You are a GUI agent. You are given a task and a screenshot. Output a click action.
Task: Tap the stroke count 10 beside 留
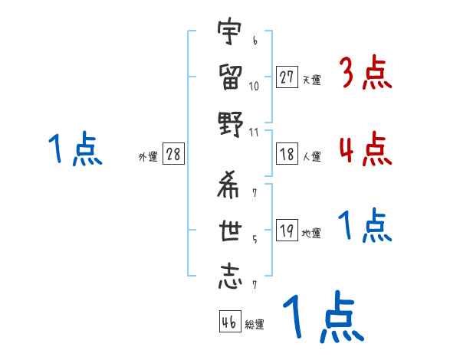click(255, 86)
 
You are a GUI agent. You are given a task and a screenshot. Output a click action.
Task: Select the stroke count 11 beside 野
click(255, 131)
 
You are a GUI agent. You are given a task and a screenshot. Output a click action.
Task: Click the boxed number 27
click(287, 77)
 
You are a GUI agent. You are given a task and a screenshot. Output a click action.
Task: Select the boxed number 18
click(287, 154)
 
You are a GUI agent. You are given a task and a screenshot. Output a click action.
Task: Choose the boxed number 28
click(173, 154)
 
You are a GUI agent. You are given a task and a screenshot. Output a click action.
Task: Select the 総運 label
click(255, 325)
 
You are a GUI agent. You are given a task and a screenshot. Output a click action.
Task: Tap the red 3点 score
click(366, 74)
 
